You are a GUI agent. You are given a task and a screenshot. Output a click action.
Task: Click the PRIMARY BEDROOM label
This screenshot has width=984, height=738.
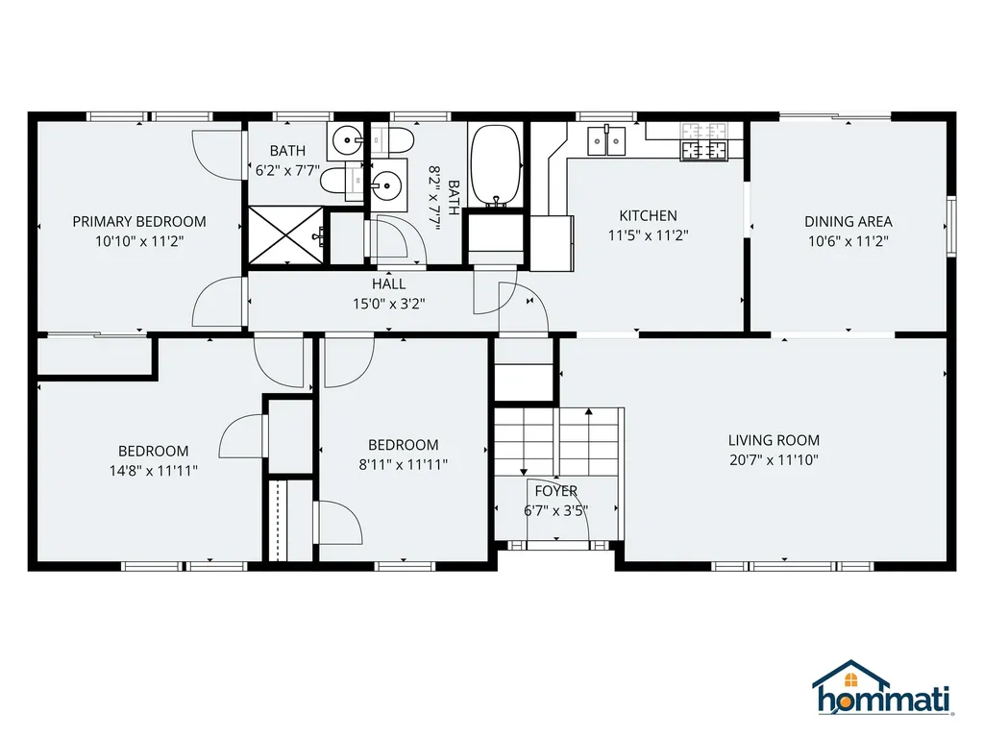click(x=139, y=222)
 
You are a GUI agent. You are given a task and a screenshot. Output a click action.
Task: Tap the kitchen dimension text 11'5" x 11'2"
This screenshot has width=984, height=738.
click(x=649, y=235)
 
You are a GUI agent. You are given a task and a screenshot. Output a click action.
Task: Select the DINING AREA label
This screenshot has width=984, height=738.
click(x=849, y=222)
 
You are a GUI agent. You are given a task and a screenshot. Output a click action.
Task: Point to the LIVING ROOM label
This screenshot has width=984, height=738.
click(x=774, y=440)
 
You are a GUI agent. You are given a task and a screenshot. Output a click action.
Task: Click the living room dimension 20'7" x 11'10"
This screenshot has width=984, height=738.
click(x=774, y=460)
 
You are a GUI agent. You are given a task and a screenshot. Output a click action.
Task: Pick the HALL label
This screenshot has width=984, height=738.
click(x=388, y=283)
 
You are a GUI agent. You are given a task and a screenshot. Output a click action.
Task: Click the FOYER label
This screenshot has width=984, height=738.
click(x=556, y=491)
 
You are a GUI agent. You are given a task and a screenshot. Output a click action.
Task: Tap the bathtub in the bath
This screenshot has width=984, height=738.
click(x=496, y=165)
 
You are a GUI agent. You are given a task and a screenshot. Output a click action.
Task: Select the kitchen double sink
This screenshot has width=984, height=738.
click(x=607, y=141)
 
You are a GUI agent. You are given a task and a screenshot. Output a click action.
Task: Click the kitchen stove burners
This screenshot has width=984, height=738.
click(x=704, y=142)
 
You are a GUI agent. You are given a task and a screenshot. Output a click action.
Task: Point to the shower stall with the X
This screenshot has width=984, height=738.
click(x=286, y=235)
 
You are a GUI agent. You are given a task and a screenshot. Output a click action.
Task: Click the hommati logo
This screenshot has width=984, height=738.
click(x=883, y=688)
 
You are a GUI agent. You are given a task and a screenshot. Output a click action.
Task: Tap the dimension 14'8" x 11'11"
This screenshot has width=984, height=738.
click(x=154, y=471)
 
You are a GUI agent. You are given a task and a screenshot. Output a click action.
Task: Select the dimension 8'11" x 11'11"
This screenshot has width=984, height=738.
click(x=404, y=464)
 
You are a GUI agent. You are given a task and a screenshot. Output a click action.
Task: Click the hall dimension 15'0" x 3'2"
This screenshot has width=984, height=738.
click(x=388, y=304)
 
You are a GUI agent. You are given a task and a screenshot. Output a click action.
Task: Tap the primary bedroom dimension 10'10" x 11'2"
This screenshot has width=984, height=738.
click(x=139, y=241)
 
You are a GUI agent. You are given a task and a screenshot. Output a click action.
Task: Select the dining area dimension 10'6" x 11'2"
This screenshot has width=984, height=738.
click(x=849, y=241)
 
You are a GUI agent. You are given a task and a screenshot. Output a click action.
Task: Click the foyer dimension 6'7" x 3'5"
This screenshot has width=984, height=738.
click(x=556, y=511)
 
